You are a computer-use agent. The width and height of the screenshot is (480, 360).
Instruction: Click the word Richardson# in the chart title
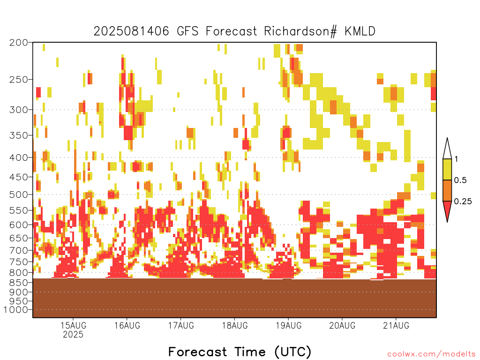[x=300, y=31]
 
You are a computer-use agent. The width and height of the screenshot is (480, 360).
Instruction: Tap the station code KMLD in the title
[x=360, y=31]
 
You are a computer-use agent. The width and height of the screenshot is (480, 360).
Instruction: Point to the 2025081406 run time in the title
[x=131, y=31]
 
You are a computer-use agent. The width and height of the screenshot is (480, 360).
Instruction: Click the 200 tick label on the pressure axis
[x=19, y=43]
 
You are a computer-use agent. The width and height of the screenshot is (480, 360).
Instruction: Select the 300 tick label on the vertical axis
[x=19, y=110]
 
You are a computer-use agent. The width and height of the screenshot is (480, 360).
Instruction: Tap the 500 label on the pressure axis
[x=19, y=195]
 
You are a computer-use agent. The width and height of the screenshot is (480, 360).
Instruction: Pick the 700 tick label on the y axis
[x=19, y=250]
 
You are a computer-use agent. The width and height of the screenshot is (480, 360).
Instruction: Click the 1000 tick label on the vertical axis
[x=16, y=310]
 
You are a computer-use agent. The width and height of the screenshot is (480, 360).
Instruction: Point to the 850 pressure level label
[x=19, y=283]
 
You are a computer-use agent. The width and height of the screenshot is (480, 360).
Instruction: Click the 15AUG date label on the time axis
[x=73, y=325]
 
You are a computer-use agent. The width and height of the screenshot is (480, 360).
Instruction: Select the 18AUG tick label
[x=235, y=325]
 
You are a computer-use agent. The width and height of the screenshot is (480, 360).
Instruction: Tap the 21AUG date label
[x=396, y=325]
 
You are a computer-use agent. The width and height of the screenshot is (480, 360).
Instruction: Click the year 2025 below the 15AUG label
[x=73, y=335]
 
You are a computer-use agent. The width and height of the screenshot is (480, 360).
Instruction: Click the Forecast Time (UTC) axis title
[x=240, y=352]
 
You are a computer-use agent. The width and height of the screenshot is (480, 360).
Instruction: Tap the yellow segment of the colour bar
[x=447, y=169]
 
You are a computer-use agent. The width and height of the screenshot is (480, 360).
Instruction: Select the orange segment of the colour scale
[x=447, y=190]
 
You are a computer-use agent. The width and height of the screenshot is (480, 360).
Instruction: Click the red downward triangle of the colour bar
[x=447, y=209]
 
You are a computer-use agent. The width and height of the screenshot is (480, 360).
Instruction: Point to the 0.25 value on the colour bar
[x=463, y=202]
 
